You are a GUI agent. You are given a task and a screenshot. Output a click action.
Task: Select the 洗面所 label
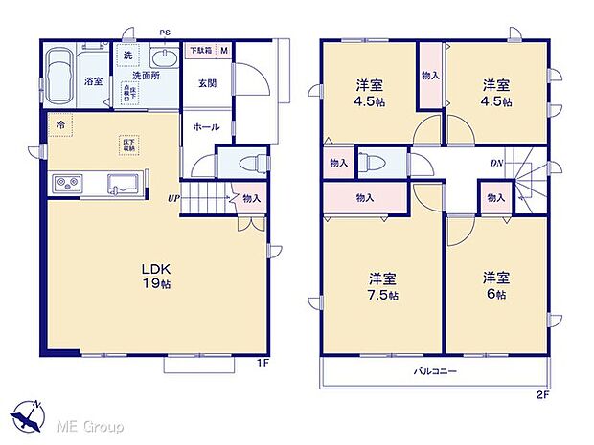pos(147,74)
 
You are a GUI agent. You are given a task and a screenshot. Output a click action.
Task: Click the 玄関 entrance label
pos(207,83)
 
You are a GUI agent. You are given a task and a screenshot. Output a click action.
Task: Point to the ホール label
pos(206,126)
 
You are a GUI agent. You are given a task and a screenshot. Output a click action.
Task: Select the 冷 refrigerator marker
pos(59,124)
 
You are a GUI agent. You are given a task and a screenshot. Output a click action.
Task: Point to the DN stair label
pos(497,164)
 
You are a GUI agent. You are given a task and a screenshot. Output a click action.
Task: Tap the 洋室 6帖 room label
pos(494,285)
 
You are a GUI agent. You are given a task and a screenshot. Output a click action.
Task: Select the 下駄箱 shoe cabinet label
pos(199,50)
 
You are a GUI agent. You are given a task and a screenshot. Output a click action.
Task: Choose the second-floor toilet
pos(377,162)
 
